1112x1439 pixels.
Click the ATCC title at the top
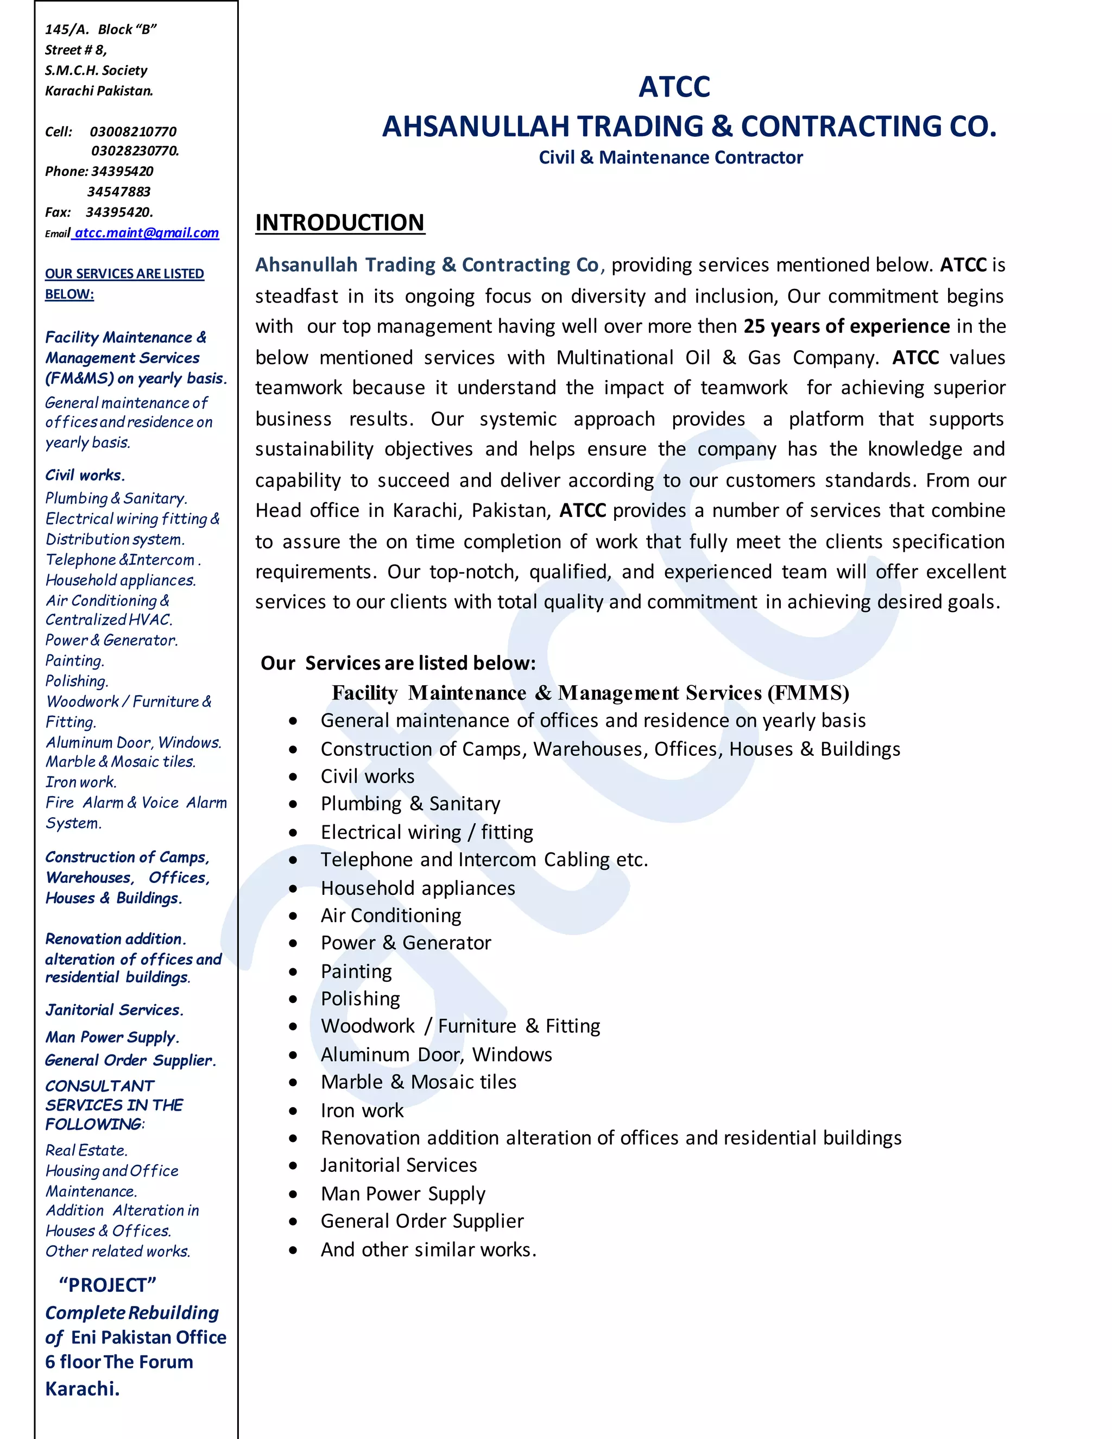(674, 87)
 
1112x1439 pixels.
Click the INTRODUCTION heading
(340, 223)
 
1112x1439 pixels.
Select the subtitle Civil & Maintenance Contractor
(671, 157)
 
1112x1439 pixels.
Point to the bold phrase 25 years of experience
(846, 326)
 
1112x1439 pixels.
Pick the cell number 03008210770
(133, 131)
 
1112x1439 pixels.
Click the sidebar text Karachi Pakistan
(99, 91)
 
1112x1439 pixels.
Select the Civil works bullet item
(367, 776)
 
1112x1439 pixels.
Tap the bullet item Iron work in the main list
(362, 1110)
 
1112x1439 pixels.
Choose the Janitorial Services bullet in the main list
(399, 1165)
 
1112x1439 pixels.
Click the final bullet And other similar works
(428, 1249)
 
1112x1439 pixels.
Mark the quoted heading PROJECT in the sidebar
(108, 1285)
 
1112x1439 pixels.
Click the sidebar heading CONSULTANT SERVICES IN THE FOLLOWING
(114, 1105)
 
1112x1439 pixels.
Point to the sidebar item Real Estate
(86, 1151)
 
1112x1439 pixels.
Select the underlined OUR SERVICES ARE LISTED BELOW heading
(124, 283)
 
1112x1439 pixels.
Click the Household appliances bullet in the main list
(418, 888)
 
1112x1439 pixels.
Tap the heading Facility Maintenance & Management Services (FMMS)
(590, 693)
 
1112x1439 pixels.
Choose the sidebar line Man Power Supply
(112, 1037)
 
